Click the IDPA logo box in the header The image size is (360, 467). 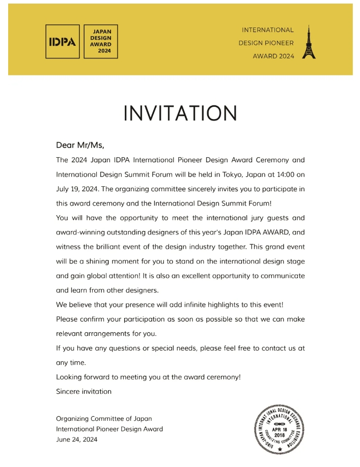[x=62, y=42]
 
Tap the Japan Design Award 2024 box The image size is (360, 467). [x=101, y=42]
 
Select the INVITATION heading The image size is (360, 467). [x=180, y=113]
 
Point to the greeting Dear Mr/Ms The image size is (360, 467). [x=80, y=145]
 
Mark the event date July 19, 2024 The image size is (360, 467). [x=76, y=189]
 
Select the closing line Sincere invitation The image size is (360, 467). [x=84, y=391]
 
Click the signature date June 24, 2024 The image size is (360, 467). [x=76, y=439]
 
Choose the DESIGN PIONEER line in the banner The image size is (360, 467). [x=266, y=43]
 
